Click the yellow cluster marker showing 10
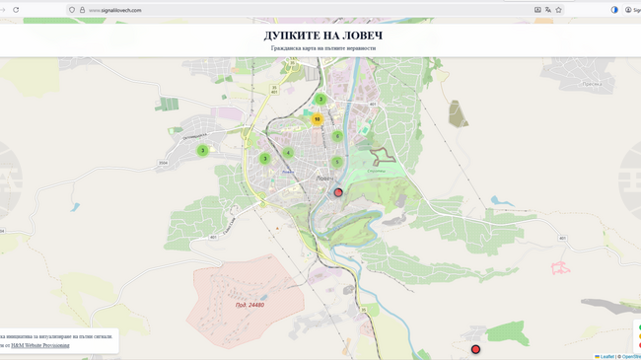tap(317, 119)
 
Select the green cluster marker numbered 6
tap(337, 137)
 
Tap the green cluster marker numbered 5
tap(337, 163)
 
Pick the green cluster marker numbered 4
tap(288, 153)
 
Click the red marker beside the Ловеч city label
tap(338, 192)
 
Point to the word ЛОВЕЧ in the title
tap(362, 36)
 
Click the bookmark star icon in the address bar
tap(559, 10)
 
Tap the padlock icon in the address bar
tap(82, 10)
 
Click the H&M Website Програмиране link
tap(40, 345)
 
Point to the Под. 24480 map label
tap(249, 305)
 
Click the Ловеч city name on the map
tap(324, 179)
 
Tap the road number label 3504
tap(163, 164)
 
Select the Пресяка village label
tap(591, 84)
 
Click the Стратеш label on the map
tap(376, 171)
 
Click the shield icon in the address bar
tap(72, 10)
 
